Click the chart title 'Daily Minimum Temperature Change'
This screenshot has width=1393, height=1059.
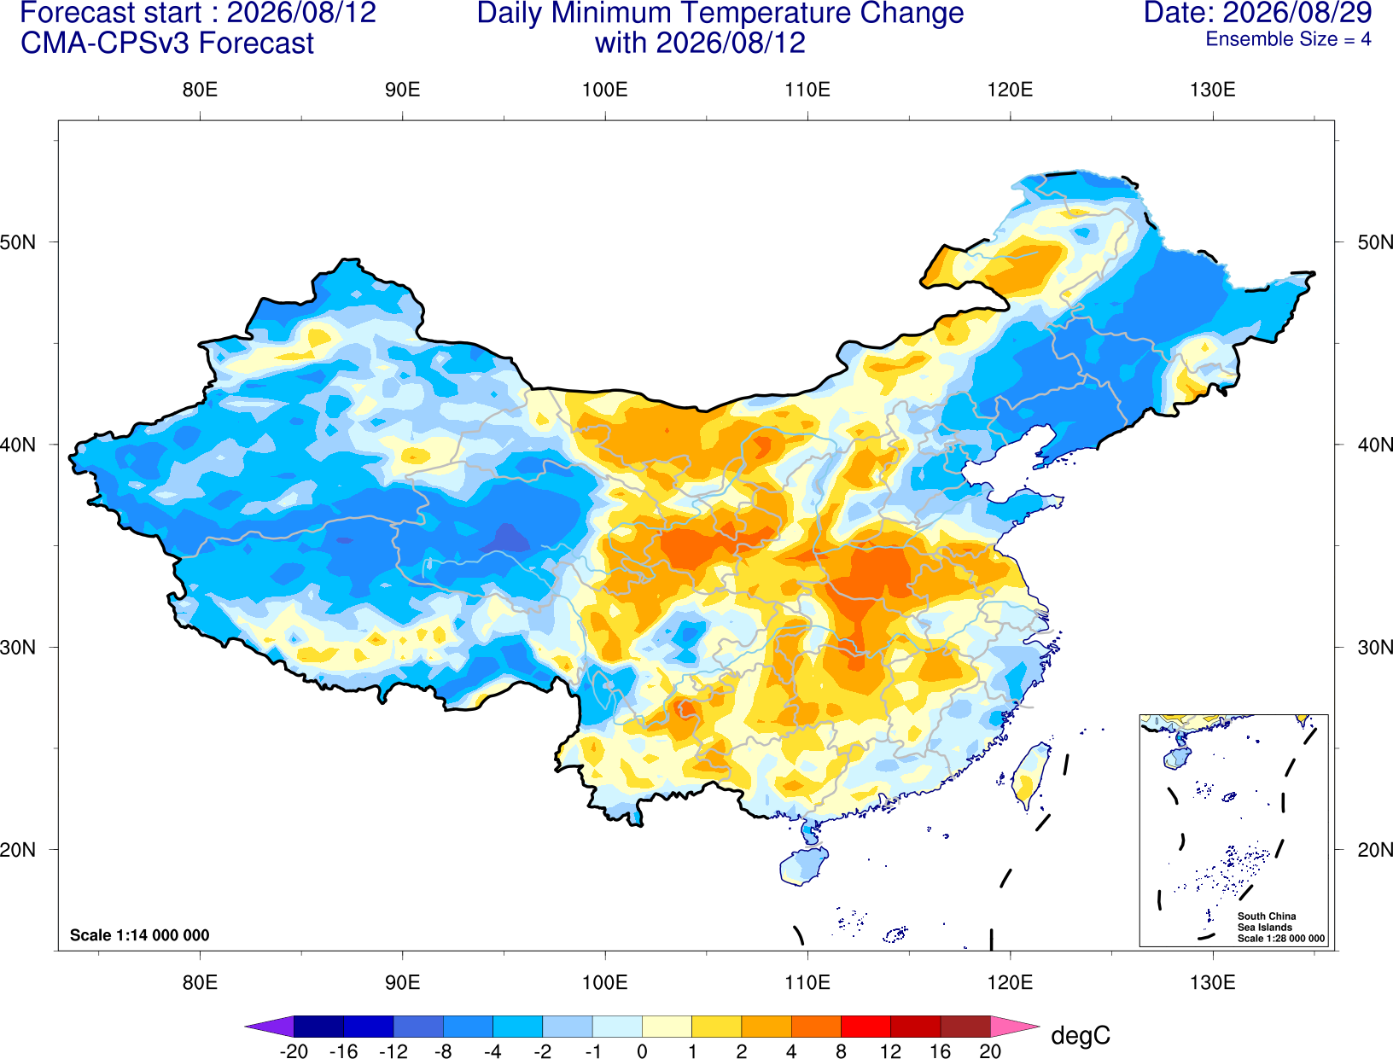tap(720, 13)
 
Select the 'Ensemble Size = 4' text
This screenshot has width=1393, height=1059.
tap(1288, 39)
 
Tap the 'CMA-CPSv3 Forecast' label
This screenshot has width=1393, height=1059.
tap(167, 44)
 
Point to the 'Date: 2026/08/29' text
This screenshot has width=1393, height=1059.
tap(1258, 13)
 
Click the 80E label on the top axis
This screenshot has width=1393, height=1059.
tap(200, 90)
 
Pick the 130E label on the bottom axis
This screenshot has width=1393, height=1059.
tap(1212, 983)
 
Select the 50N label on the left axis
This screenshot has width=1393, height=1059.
tap(18, 241)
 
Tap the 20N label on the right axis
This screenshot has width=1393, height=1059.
tap(1374, 850)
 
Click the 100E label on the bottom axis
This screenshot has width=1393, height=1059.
tap(605, 983)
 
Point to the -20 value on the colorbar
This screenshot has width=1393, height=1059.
tap(294, 1051)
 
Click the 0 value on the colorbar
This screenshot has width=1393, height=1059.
tap(642, 1051)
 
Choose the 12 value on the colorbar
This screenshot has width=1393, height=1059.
tap(890, 1051)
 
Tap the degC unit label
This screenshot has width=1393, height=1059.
tap(1080, 1035)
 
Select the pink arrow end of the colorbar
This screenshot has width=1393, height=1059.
tap(1013, 1026)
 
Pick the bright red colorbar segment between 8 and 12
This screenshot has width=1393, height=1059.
tap(866, 1026)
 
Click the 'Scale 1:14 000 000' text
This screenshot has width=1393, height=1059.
tap(140, 934)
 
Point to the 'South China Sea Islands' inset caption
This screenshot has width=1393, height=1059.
tap(1266, 922)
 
